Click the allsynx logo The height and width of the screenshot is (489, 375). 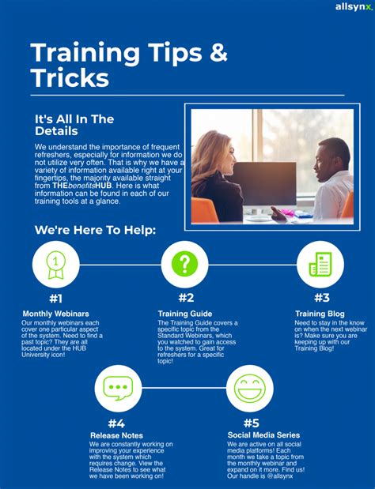[354, 7]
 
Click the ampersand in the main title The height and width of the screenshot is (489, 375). [218, 52]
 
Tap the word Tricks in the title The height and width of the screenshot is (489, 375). [70, 77]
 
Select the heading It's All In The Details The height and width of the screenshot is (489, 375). [74, 125]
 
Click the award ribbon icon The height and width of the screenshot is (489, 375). [56, 265]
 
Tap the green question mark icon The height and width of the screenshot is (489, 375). [184, 264]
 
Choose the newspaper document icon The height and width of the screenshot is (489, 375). [320, 264]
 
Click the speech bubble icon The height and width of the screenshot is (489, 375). [118, 388]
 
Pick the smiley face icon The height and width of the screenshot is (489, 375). [250, 388]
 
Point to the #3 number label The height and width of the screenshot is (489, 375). [322, 298]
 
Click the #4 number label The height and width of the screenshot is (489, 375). [116, 423]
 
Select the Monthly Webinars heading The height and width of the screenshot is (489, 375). [55, 314]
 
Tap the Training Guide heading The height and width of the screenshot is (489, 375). [185, 314]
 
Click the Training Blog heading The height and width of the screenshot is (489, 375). [320, 314]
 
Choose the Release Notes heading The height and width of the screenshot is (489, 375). [117, 435]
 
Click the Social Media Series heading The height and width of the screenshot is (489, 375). [263, 435]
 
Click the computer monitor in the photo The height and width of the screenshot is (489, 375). [265, 184]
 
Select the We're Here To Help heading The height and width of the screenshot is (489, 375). [95, 230]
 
